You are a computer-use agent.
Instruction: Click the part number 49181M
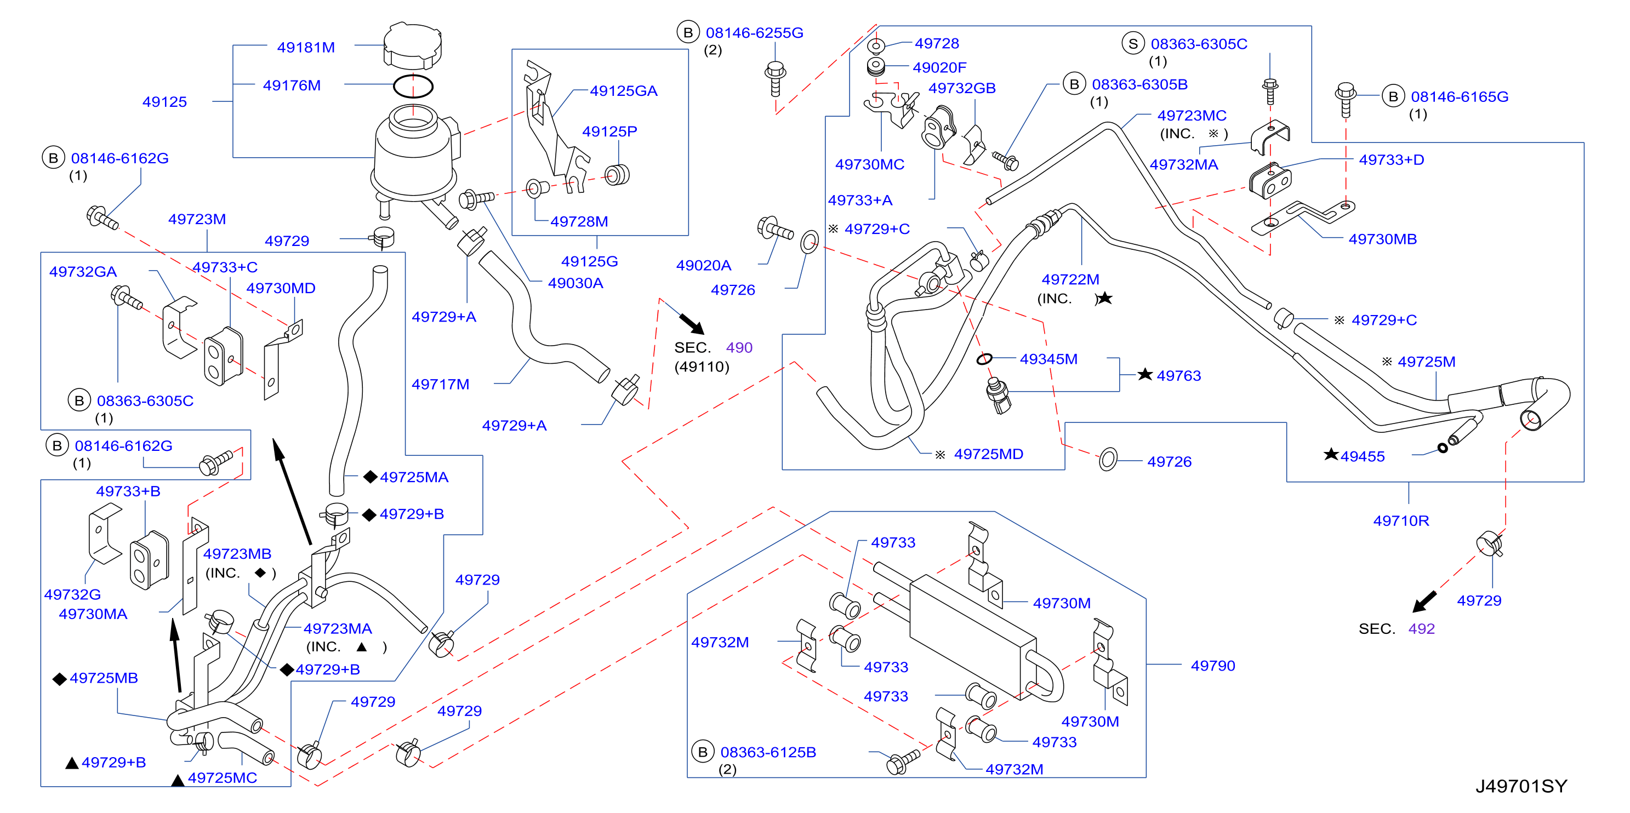[x=306, y=48]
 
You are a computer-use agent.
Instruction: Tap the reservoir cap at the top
[x=413, y=45]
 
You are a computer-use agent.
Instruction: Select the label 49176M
[x=292, y=85]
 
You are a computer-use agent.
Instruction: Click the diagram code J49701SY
[x=1521, y=786]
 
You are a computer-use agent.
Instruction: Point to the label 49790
[x=1212, y=666]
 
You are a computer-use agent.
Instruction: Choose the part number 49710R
[x=1401, y=520]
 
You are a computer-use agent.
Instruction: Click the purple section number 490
[x=739, y=347]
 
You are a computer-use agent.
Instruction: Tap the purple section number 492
[x=1421, y=629]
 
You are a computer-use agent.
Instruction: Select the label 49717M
[x=441, y=384]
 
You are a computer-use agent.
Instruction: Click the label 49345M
[x=1048, y=359]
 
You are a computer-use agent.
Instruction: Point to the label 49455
[x=1363, y=456]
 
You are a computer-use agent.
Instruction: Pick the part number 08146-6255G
[x=754, y=33]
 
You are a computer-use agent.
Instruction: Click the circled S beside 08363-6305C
[x=1133, y=44]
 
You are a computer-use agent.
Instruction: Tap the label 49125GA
[x=623, y=91]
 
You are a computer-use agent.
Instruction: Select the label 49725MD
[x=988, y=454]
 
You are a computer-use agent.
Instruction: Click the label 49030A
[x=575, y=283]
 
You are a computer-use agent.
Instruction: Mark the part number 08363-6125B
[x=768, y=752]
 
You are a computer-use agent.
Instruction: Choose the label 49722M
[x=1070, y=279]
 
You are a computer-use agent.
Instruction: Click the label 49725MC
[x=222, y=777]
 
